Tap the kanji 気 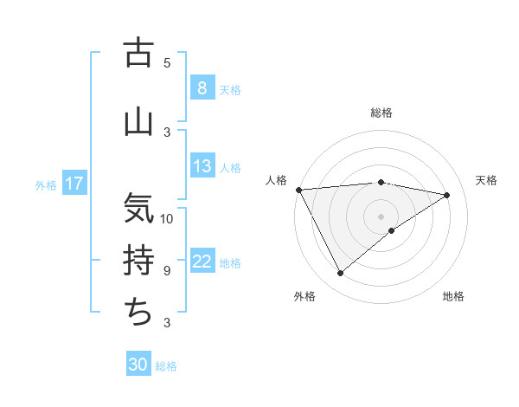[x=138, y=208]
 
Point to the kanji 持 [x=138, y=260]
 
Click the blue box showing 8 [x=202, y=87]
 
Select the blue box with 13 [x=202, y=166]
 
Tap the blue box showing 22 [x=202, y=262]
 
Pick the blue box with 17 [x=74, y=184]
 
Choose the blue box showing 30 [x=138, y=365]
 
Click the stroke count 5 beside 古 [x=167, y=63]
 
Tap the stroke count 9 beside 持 [x=167, y=271]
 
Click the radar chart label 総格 [x=381, y=113]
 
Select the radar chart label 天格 [x=486, y=180]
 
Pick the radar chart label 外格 [x=304, y=297]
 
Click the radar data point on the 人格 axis [x=298, y=189]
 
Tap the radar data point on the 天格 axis [x=447, y=195]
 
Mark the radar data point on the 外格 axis [x=340, y=274]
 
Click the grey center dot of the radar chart [x=381, y=216]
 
